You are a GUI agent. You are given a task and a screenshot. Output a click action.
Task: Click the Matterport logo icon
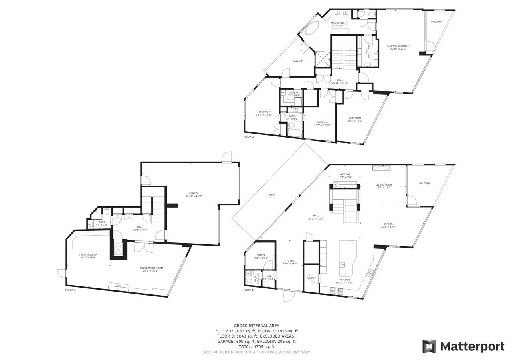(x=429, y=346)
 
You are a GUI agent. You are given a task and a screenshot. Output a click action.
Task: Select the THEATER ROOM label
(x=88, y=255)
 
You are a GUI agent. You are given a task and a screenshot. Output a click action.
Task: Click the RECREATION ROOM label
(x=151, y=268)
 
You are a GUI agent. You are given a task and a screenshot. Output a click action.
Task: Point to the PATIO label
(x=272, y=195)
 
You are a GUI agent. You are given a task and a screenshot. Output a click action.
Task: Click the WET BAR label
(x=345, y=174)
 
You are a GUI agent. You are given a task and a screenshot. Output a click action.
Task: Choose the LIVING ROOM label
(x=383, y=185)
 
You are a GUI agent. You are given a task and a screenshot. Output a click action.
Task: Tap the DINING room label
(x=388, y=224)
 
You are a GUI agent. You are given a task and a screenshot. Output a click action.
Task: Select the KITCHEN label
(x=345, y=280)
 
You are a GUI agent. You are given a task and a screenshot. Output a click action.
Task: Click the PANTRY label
(x=311, y=278)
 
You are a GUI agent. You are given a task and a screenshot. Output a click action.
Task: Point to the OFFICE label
(x=261, y=255)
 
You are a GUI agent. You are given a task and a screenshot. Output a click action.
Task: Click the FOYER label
(x=290, y=261)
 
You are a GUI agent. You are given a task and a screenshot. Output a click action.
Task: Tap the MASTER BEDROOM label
(x=398, y=46)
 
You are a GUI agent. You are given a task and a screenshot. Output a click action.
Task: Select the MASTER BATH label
(x=339, y=23)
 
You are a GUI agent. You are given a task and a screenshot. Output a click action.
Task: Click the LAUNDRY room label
(x=294, y=92)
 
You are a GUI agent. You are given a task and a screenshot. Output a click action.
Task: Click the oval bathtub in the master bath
(x=312, y=29)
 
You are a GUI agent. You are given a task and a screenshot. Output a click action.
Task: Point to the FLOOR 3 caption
(x=248, y=137)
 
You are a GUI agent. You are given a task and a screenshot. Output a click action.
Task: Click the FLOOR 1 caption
(x=70, y=290)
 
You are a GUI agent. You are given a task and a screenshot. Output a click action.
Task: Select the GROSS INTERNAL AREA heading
(x=256, y=326)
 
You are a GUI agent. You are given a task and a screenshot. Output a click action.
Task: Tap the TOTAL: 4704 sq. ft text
(x=256, y=346)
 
